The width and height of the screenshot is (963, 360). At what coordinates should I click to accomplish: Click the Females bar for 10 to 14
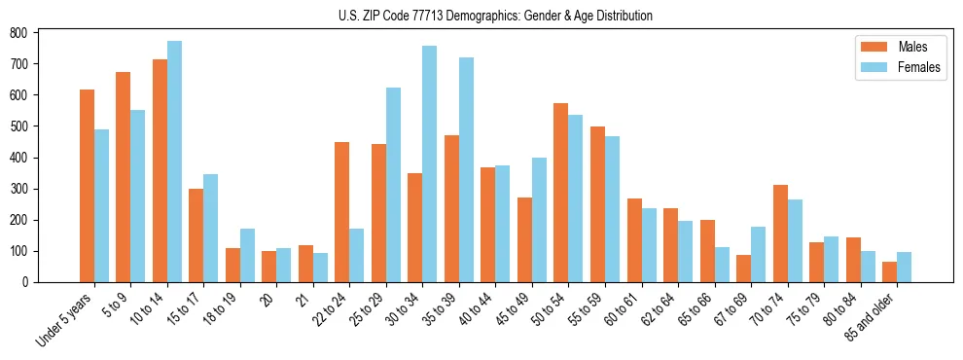tap(174, 162)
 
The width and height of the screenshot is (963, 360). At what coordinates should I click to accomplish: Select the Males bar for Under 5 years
tap(87, 186)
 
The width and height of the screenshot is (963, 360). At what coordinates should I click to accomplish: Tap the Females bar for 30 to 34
tap(430, 164)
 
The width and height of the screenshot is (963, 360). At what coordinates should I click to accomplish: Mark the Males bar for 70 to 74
tap(780, 234)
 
